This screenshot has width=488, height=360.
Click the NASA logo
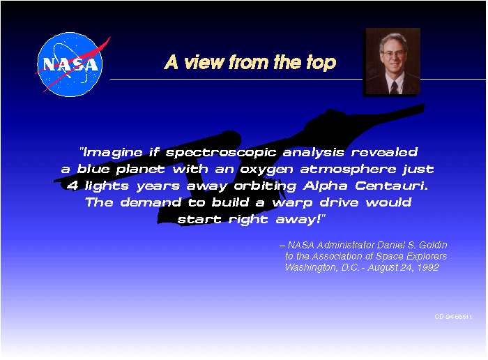pyautogui.click(x=72, y=64)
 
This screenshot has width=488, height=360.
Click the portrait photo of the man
pyautogui.click(x=392, y=61)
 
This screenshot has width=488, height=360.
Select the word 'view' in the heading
pyautogui.click(x=204, y=62)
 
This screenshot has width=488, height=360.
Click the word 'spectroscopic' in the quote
pyautogui.click(x=221, y=153)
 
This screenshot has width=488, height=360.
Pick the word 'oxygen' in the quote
pyautogui.click(x=267, y=170)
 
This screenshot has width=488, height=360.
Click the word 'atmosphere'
pyautogui.click(x=349, y=170)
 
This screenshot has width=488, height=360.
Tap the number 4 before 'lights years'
pyautogui.click(x=73, y=186)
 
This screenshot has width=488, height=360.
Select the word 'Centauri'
pyautogui.click(x=392, y=186)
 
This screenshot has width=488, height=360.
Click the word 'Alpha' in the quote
pyautogui.click(x=326, y=186)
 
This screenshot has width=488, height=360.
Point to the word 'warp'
pyautogui.click(x=293, y=203)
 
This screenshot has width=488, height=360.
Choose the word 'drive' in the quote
pyautogui.click(x=340, y=202)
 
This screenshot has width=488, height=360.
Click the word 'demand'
pyautogui.click(x=151, y=202)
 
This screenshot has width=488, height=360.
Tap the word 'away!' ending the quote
pyautogui.click(x=299, y=220)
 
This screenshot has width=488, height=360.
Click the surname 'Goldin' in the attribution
pyautogui.click(x=433, y=245)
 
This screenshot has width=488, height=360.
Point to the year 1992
pyautogui.click(x=428, y=267)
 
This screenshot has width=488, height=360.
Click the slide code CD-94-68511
pyautogui.click(x=453, y=317)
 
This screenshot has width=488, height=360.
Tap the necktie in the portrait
pyautogui.click(x=394, y=87)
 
